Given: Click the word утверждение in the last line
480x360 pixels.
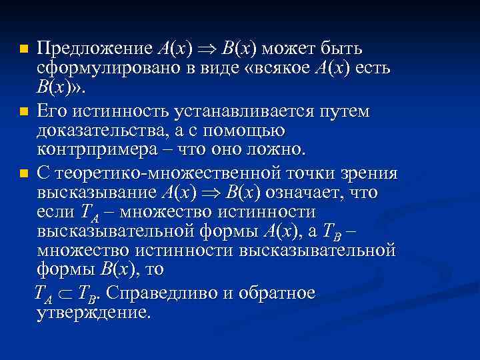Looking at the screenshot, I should (x=94, y=312).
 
